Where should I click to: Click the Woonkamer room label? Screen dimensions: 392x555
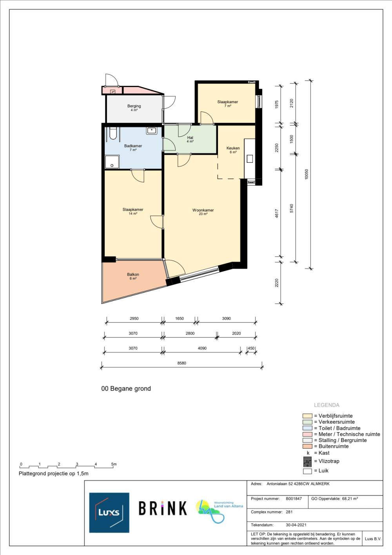pos(203,210)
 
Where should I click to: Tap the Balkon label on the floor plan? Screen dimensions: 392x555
pos(133,274)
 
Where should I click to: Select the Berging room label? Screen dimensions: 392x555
pos(134,106)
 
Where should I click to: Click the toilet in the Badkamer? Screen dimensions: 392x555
pos(113,133)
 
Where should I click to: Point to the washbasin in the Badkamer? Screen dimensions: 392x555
pos(151,130)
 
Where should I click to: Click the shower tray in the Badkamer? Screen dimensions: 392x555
pos(112,162)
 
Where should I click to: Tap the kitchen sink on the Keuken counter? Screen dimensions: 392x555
pos(250,158)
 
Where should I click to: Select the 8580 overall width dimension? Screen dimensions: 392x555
pos(181,363)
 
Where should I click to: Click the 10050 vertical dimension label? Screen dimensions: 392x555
pos(307,175)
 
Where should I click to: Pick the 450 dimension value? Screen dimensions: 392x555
pos(251,348)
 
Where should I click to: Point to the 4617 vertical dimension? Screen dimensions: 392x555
pos(277,213)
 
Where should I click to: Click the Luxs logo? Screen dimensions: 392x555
pos(109,513)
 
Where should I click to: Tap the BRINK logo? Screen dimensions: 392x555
pos(163,508)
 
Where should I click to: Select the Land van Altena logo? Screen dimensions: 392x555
pos(220,511)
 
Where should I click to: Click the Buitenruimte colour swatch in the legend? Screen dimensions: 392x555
pos(307,446)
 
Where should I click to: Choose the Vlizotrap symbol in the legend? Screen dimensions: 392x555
pos(307,462)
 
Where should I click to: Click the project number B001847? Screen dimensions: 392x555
pos(294,499)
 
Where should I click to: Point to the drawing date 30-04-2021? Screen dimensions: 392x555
pos(296,525)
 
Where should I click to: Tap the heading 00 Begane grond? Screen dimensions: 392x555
pos(126,388)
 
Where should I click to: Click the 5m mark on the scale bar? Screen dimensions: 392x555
pos(114,464)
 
